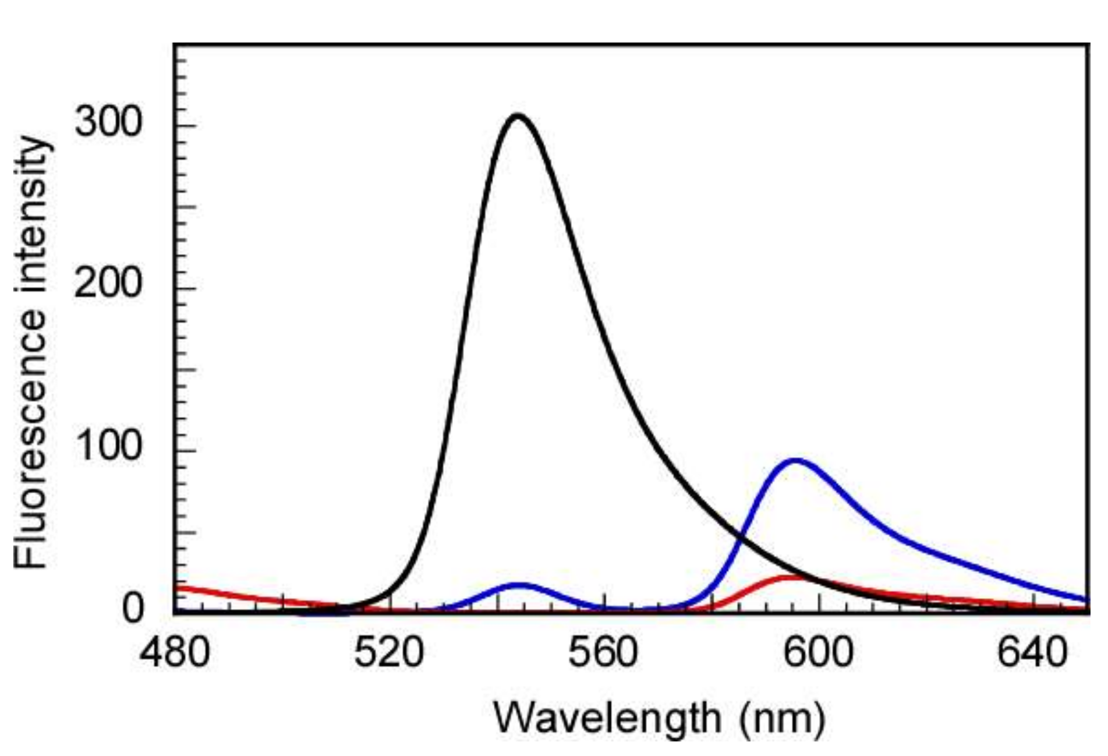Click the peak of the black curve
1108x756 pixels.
(x=517, y=115)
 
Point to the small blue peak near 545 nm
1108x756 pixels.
(x=518, y=584)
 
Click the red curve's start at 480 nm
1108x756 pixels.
(x=176, y=588)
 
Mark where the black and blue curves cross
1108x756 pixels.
(x=741, y=536)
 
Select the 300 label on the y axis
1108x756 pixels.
(x=108, y=123)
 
